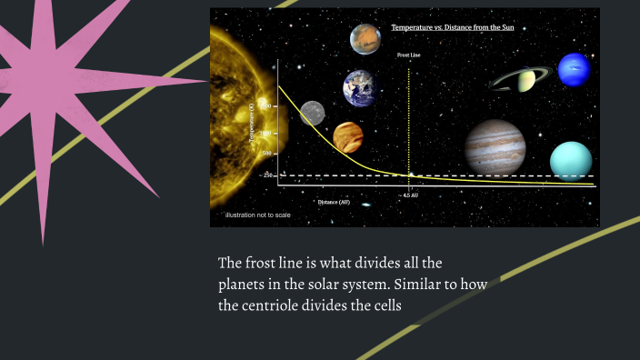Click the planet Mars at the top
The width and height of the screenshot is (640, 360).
[x=365, y=39]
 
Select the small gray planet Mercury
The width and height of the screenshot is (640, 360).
[x=312, y=113]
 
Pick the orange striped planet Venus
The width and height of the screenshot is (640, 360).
[x=348, y=138]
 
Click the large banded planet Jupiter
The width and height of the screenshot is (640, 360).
[x=495, y=147]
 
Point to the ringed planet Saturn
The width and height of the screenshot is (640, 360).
[x=523, y=81]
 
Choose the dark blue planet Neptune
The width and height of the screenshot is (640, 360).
[x=574, y=70]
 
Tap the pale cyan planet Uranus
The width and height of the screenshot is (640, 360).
[x=571, y=160]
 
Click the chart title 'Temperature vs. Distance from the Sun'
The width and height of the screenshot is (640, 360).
[x=460, y=28]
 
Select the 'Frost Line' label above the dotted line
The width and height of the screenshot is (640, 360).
[x=409, y=55]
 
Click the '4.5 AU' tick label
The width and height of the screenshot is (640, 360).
[x=410, y=195]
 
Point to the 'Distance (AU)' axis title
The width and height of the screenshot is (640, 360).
[x=334, y=202]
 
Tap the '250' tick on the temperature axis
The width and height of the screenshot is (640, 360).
[x=268, y=175]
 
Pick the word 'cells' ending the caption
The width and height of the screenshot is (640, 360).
[x=384, y=305]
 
